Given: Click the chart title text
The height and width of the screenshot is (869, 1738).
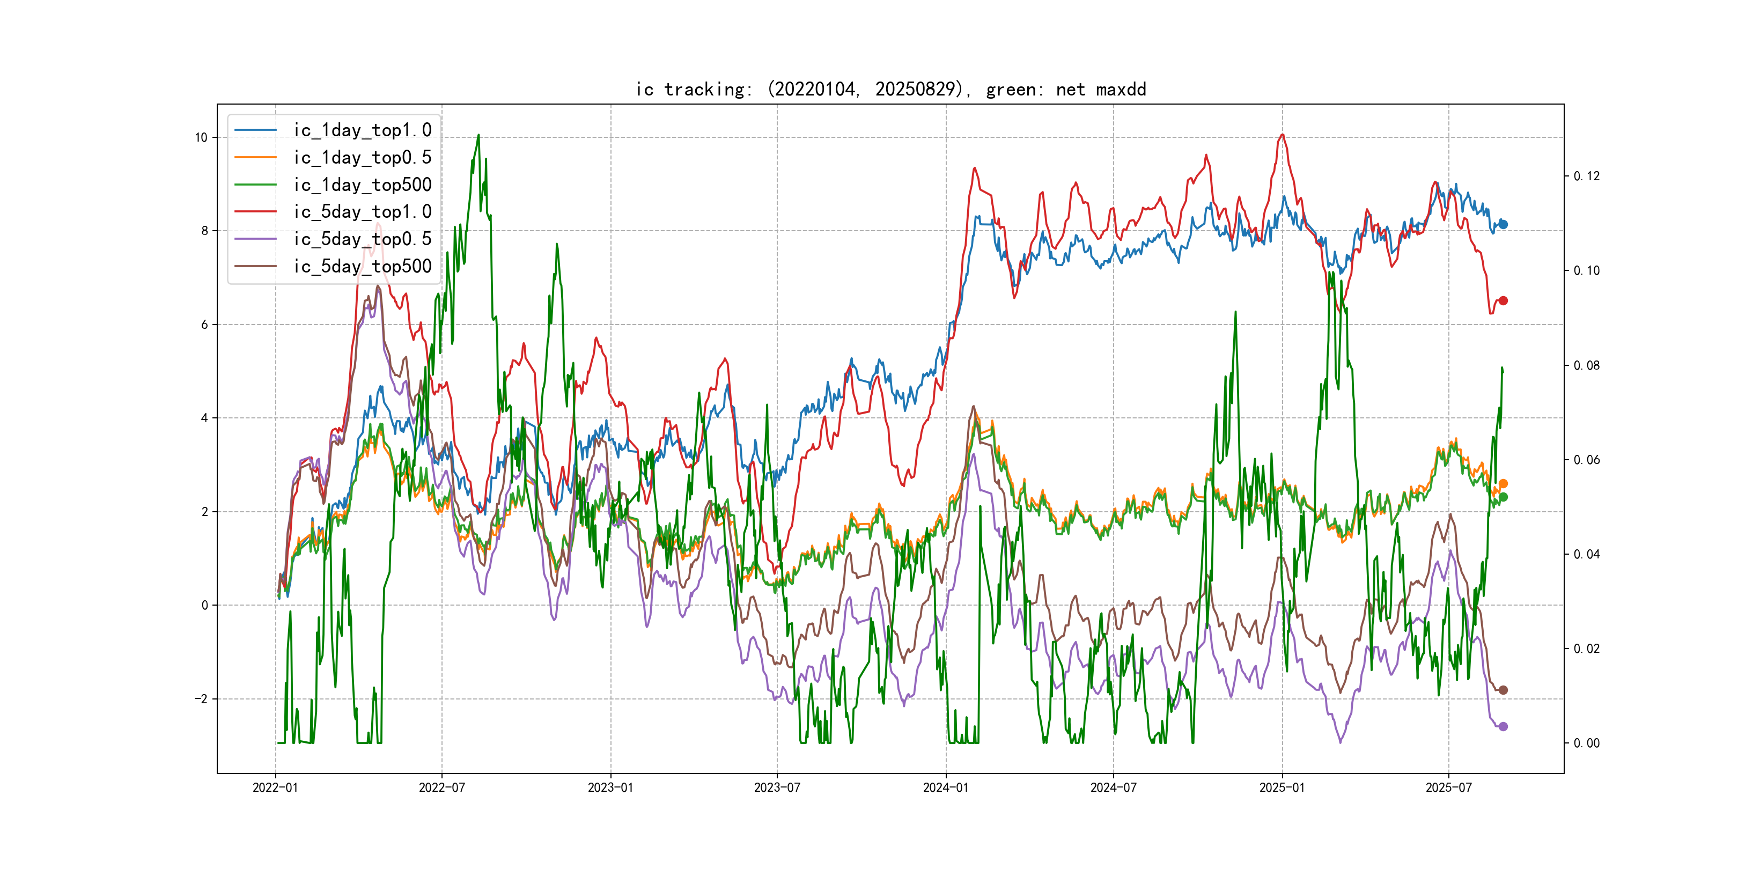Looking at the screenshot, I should point(890,90).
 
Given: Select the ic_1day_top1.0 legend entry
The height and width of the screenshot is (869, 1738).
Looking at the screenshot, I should point(362,130).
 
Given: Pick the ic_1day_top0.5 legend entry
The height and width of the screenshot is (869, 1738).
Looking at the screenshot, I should point(362,157).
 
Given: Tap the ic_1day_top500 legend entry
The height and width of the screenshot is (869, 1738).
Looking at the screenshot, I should point(362,185).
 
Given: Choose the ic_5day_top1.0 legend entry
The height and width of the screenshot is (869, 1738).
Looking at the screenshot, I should point(362,212).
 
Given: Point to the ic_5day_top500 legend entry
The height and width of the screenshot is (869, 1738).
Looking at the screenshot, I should point(362,267).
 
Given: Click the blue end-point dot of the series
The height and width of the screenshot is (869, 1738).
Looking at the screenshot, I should point(1503,225).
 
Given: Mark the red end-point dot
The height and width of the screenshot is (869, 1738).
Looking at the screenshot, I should point(1503,301).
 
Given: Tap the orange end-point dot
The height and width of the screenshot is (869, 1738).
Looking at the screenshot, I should point(1503,484).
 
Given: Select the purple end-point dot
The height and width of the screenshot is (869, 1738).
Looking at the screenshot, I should point(1503,727).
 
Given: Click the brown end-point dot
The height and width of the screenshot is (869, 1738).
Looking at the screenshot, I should point(1503,690).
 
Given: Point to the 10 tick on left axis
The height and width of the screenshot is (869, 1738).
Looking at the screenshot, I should point(201,138).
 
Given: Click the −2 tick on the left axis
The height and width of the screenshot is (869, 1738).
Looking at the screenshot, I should point(201,699).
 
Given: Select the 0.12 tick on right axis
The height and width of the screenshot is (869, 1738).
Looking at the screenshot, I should point(1586,176).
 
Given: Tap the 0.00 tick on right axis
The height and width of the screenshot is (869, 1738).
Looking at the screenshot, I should point(1586,743).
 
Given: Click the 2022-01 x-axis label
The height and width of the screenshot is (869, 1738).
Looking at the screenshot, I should point(275,788).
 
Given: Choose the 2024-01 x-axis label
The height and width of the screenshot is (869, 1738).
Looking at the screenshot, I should point(946,788).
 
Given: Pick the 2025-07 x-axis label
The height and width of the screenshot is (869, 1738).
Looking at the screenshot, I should point(1448,788).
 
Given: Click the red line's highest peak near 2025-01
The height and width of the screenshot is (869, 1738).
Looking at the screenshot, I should point(1282,135).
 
